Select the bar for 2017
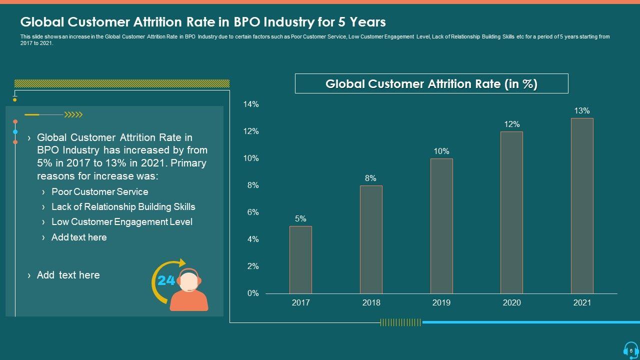[300, 259]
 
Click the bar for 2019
[441, 226]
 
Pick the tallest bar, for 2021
[582, 205]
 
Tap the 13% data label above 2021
[582, 111]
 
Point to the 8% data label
[370, 178]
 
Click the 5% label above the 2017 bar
[300, 219]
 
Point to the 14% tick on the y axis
[251, 104]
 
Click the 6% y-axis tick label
[253, 212]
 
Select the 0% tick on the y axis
[253, 293]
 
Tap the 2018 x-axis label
[371, 303]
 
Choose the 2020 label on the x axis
[511, 303]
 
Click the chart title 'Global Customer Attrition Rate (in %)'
[431, 84]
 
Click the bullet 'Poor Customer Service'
[99, 192]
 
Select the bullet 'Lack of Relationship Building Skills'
[123, 207]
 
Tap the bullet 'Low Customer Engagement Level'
[121, 222]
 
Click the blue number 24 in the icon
[166, 281]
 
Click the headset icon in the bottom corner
[630, 349]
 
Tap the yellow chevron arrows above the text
[74, 115]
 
